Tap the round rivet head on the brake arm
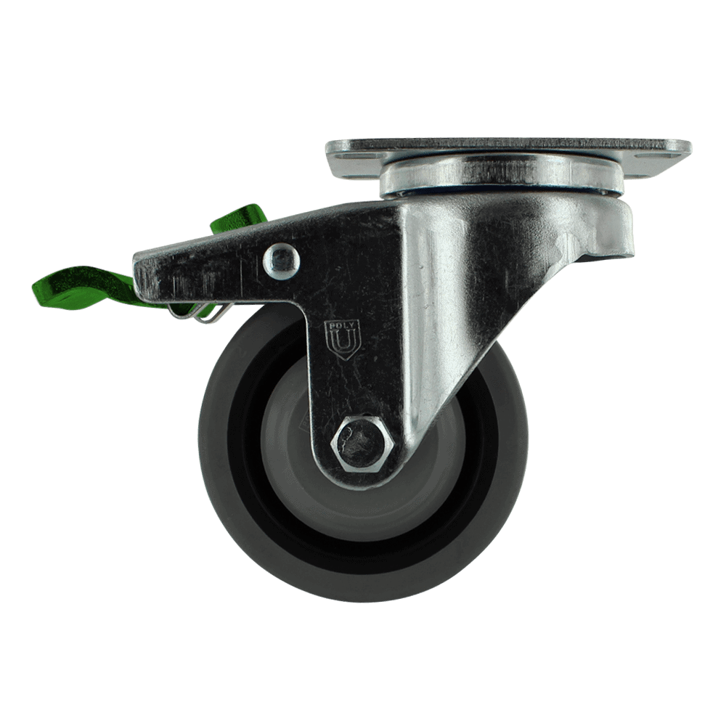pyautogui.click(x=282, y=261)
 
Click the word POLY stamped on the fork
pyautogui.click(x=342, y=325)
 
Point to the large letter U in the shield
pyautogui.click(x=342, y=342)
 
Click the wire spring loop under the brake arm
pyautogui.click(x=199, y=313)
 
